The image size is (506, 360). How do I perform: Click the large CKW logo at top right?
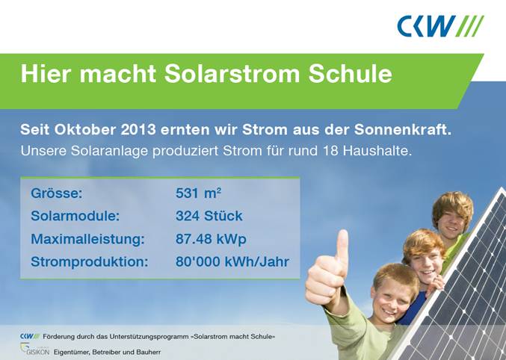(x=440, y=26)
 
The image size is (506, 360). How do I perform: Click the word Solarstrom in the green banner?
(x=232, y=73)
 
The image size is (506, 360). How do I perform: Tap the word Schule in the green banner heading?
(x=350, y=73)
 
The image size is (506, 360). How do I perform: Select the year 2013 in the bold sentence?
(x=138, y=130)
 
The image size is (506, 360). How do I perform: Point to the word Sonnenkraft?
(x=403, y=130)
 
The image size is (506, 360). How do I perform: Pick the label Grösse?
(x=57, y=193)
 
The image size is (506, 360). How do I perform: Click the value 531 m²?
(x=198, y=193)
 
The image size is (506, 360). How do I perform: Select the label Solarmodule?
(x=75, y=216)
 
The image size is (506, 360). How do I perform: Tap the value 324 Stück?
(x=209, y=216)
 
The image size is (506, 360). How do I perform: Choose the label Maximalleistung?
(x=87, y=239)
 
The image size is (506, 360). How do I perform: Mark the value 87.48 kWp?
(x=211, y=239)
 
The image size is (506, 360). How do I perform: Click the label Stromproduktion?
(x=90, y=261)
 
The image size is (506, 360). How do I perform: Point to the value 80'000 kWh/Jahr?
(x=232, y=261)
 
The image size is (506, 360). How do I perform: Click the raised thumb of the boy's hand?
(x=342, y=245)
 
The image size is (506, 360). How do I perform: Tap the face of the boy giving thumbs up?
(x=392, y=299)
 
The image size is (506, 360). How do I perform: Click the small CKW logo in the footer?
(x=30, y=336)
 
